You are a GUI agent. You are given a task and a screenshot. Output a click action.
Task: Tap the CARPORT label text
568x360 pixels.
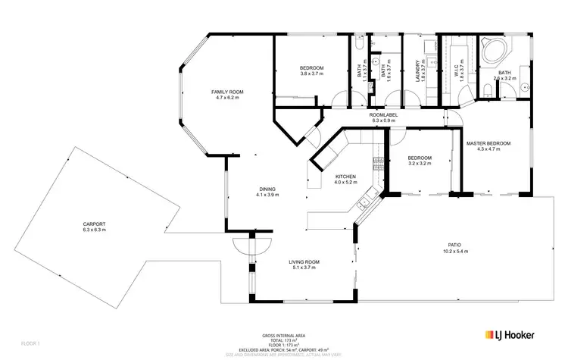point(95,224)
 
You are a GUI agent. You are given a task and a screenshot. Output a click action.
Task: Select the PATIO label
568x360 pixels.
point(454,245)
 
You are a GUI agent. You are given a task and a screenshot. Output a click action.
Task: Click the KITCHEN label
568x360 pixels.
point(345,176)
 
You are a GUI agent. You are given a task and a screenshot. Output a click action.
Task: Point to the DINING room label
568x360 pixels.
point(267,189)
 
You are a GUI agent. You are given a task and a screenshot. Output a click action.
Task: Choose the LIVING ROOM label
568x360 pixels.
point(304,261)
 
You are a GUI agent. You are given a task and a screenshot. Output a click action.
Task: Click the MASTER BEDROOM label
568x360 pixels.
point(488,143)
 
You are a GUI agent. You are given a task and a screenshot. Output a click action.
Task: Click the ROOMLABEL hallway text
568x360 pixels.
point(383,114)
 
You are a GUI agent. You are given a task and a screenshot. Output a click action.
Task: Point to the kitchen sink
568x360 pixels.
point(365,202)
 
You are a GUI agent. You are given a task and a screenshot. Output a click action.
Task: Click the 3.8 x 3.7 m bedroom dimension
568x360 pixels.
point(301,74)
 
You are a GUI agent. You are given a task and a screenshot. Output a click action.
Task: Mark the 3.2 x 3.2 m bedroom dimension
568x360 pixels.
point(420,163)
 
